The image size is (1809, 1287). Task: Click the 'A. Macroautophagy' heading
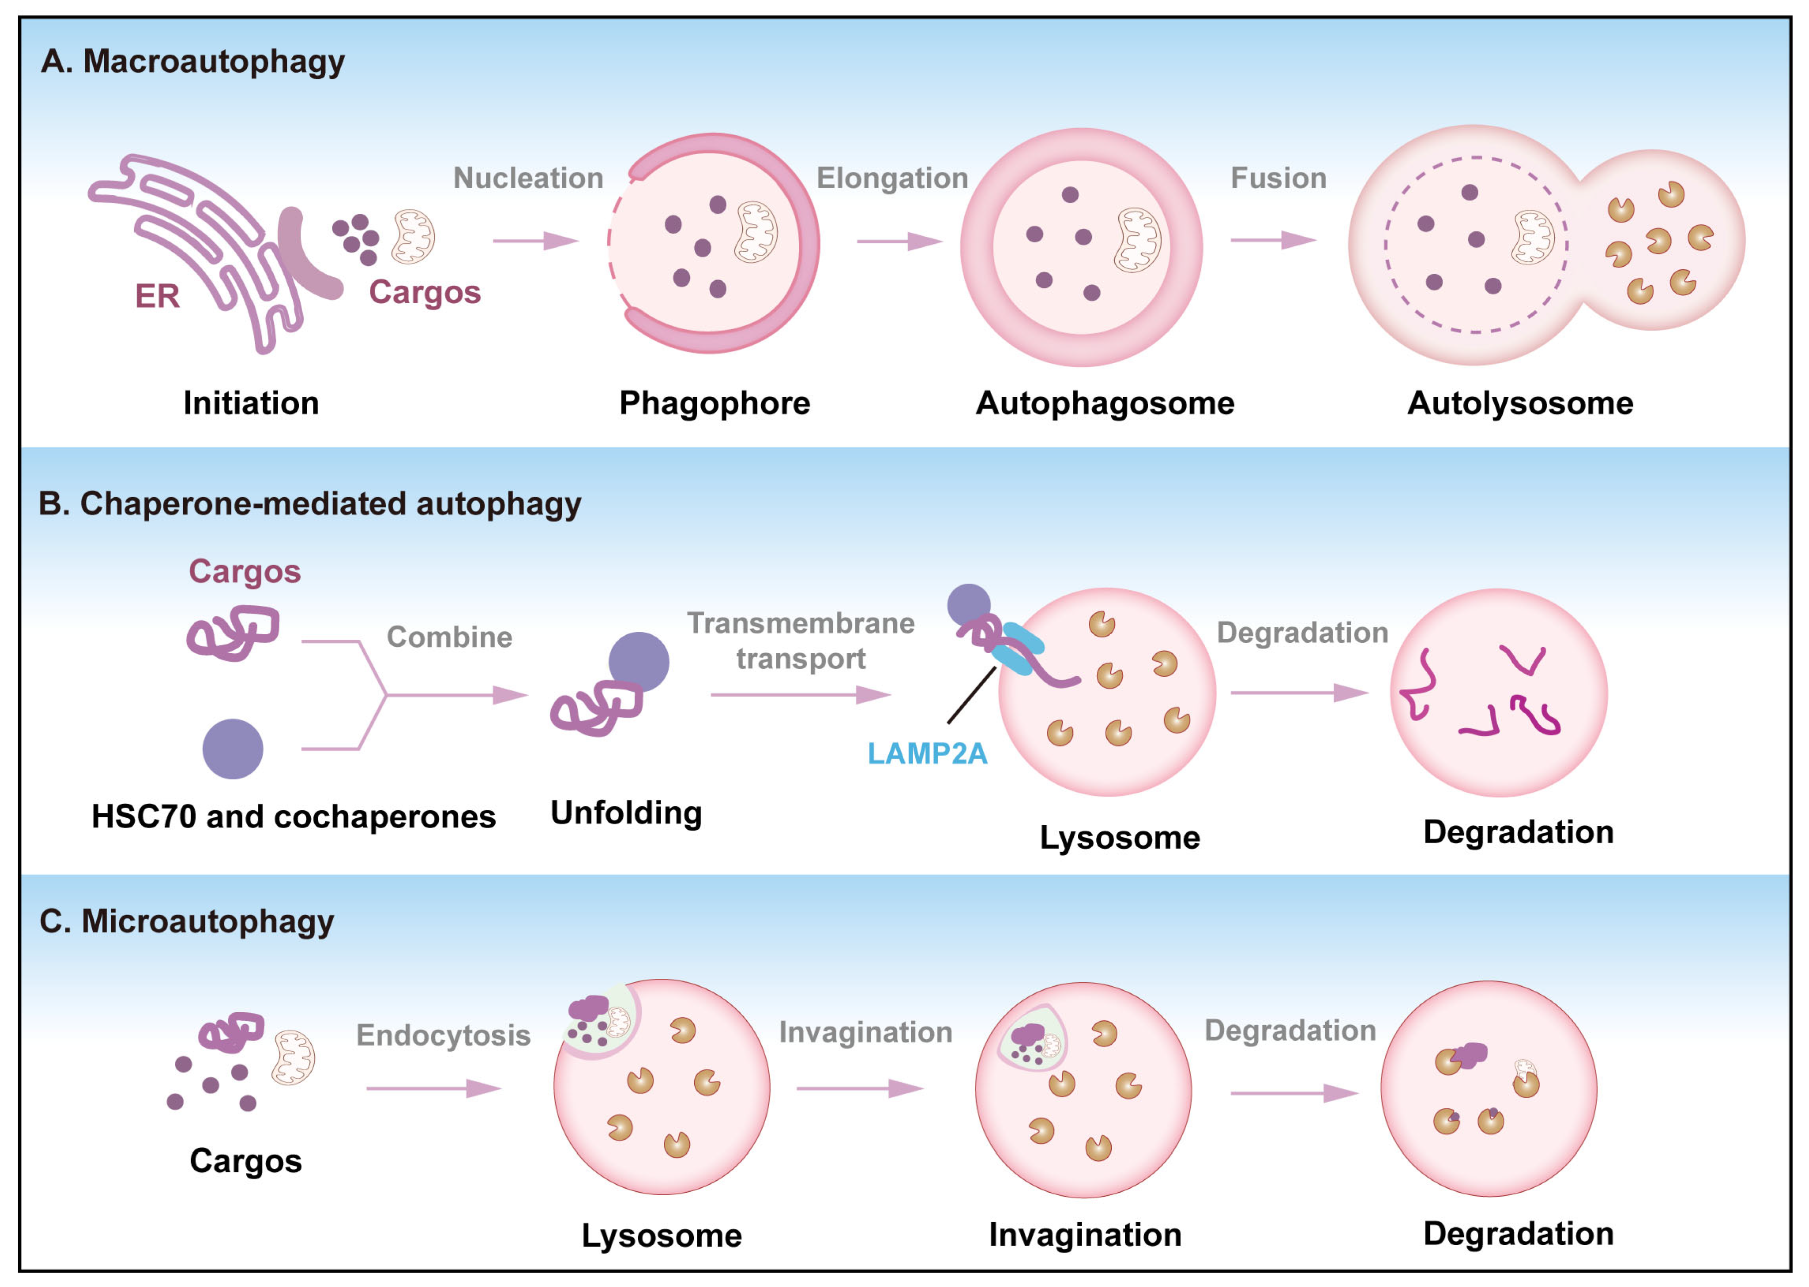(x=193, y=62)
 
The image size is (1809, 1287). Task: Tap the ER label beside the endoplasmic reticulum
(x=157, y=296)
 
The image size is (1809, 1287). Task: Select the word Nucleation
(x=528, y=179)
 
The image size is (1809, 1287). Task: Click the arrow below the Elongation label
(x=899, y=241)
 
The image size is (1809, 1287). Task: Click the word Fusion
(x=1278, y=179)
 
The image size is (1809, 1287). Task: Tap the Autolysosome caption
(x=1520, y=403)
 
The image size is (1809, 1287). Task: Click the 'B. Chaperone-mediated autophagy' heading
(x=310, y=504)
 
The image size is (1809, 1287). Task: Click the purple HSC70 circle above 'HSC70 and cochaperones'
(x=232, y=749)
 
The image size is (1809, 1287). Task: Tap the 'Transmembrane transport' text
(x=801, y=640)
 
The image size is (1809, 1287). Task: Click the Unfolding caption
(x=626, y=813)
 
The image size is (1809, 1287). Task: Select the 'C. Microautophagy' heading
(x=187, y=921)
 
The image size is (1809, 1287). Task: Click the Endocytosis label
(x=443, y=1035)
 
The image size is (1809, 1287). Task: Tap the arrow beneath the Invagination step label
(x=859, y=1089)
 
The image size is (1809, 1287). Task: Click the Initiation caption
(x=251, y=403)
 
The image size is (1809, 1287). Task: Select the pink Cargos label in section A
(x=425, y=292)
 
